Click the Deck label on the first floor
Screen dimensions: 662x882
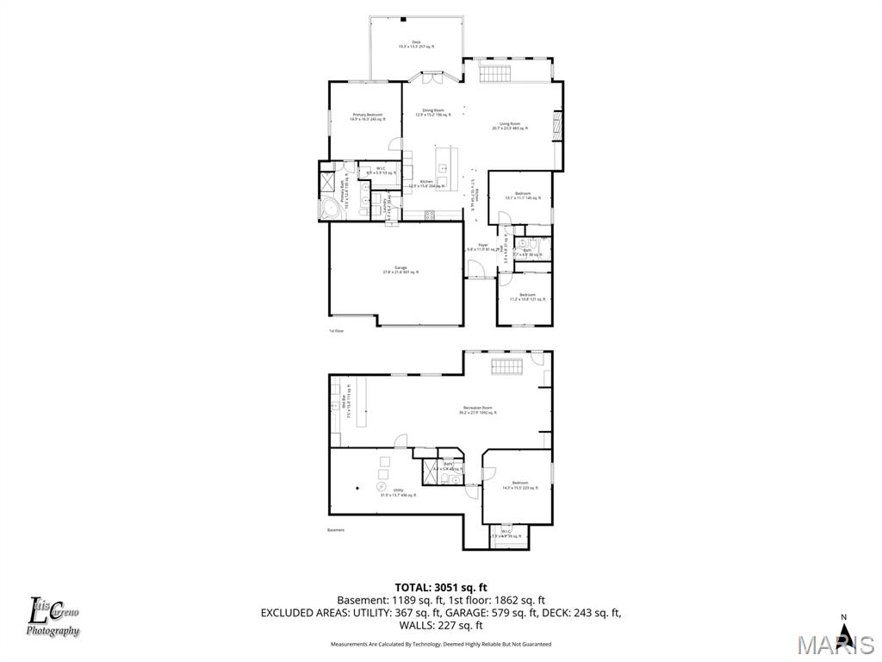[416, 44]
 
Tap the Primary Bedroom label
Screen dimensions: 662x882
[367, 116]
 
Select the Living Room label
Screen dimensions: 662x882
[510, 126]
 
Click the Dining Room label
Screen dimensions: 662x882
[433, 112]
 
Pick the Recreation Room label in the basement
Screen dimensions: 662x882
[477, 410]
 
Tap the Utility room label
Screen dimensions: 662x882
[398, 492]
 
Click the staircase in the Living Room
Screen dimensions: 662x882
[494, 73]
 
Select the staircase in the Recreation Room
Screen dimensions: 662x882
[508, 368]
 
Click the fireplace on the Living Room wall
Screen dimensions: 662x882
[556, 126]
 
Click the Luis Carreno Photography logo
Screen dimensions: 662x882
[53, 617]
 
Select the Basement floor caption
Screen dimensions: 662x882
[336, 530]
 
